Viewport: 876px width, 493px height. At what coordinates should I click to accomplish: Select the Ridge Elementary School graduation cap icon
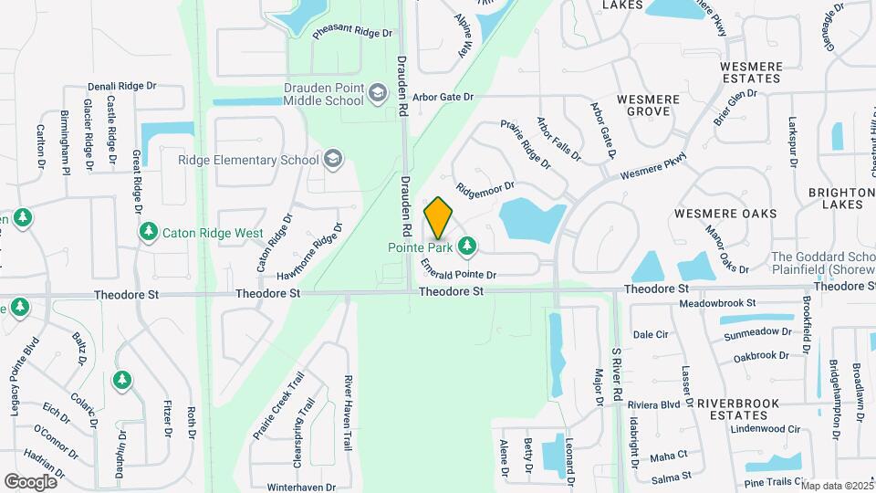pyautogui.click(x=333, y=160)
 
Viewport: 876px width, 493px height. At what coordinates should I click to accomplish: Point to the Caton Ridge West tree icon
pyautogui.click(x=148, y=233)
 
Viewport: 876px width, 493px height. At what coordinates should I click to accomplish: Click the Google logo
pyautogui.click(x=30, y=481)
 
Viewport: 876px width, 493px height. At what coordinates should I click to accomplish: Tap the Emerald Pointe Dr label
pyautogui.click(x=459, y=269)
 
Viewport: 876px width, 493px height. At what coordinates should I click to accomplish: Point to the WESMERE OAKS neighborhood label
pyautogui.click(x=725, y=214)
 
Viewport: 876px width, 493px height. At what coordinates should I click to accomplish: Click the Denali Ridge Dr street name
pyautogui.click(x=122, y=87)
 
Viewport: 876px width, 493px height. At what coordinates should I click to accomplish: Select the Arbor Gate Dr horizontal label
pyautogui.click(x=443, y=96)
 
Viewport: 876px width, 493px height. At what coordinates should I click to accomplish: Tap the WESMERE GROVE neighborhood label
pyautogui.click(x=648, y=104)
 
